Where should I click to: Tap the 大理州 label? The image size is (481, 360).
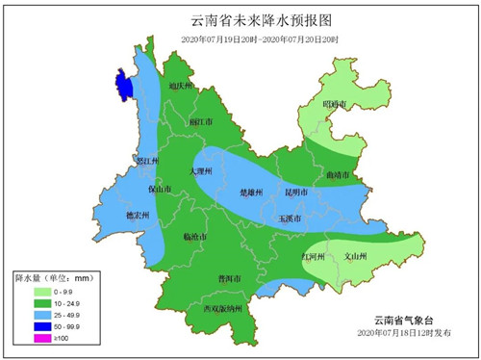coord(204,169)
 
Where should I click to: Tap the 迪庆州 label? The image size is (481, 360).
coord(182,86)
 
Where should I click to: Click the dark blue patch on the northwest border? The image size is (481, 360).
coord(124,84)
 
